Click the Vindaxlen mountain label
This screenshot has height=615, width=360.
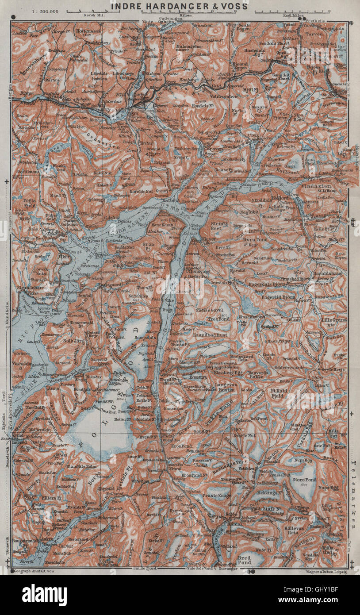pos(325,187)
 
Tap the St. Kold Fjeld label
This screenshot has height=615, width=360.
pos(280,393)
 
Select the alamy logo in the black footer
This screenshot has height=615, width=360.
pos(44,595)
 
